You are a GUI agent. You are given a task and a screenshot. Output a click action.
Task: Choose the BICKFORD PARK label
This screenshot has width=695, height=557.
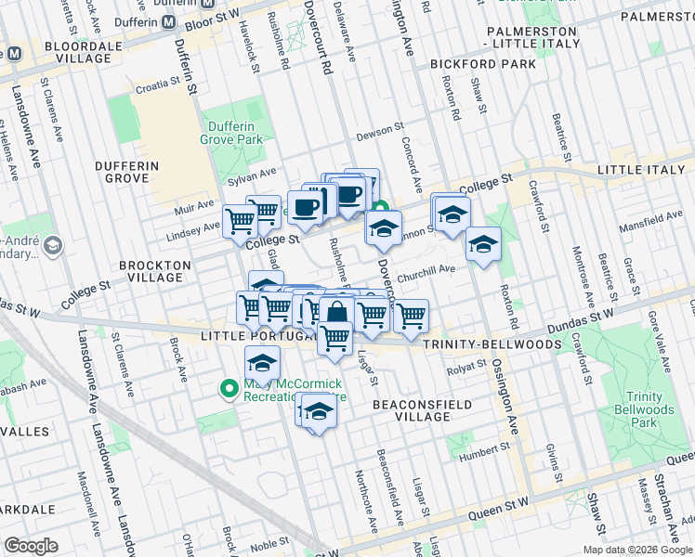483,64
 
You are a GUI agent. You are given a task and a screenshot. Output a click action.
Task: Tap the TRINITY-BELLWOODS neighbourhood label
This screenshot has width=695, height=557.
492,343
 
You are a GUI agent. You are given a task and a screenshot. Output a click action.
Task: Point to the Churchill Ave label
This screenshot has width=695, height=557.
426,270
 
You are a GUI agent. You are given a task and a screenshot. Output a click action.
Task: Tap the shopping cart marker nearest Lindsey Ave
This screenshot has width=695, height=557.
240,221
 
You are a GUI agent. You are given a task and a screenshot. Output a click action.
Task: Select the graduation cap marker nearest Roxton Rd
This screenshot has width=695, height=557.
483,244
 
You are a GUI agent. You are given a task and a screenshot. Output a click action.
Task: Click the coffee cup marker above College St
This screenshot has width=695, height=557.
305,206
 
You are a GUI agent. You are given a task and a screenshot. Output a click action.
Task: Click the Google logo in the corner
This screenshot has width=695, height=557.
32,545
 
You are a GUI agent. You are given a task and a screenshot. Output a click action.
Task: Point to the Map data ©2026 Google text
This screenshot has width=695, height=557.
637,550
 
